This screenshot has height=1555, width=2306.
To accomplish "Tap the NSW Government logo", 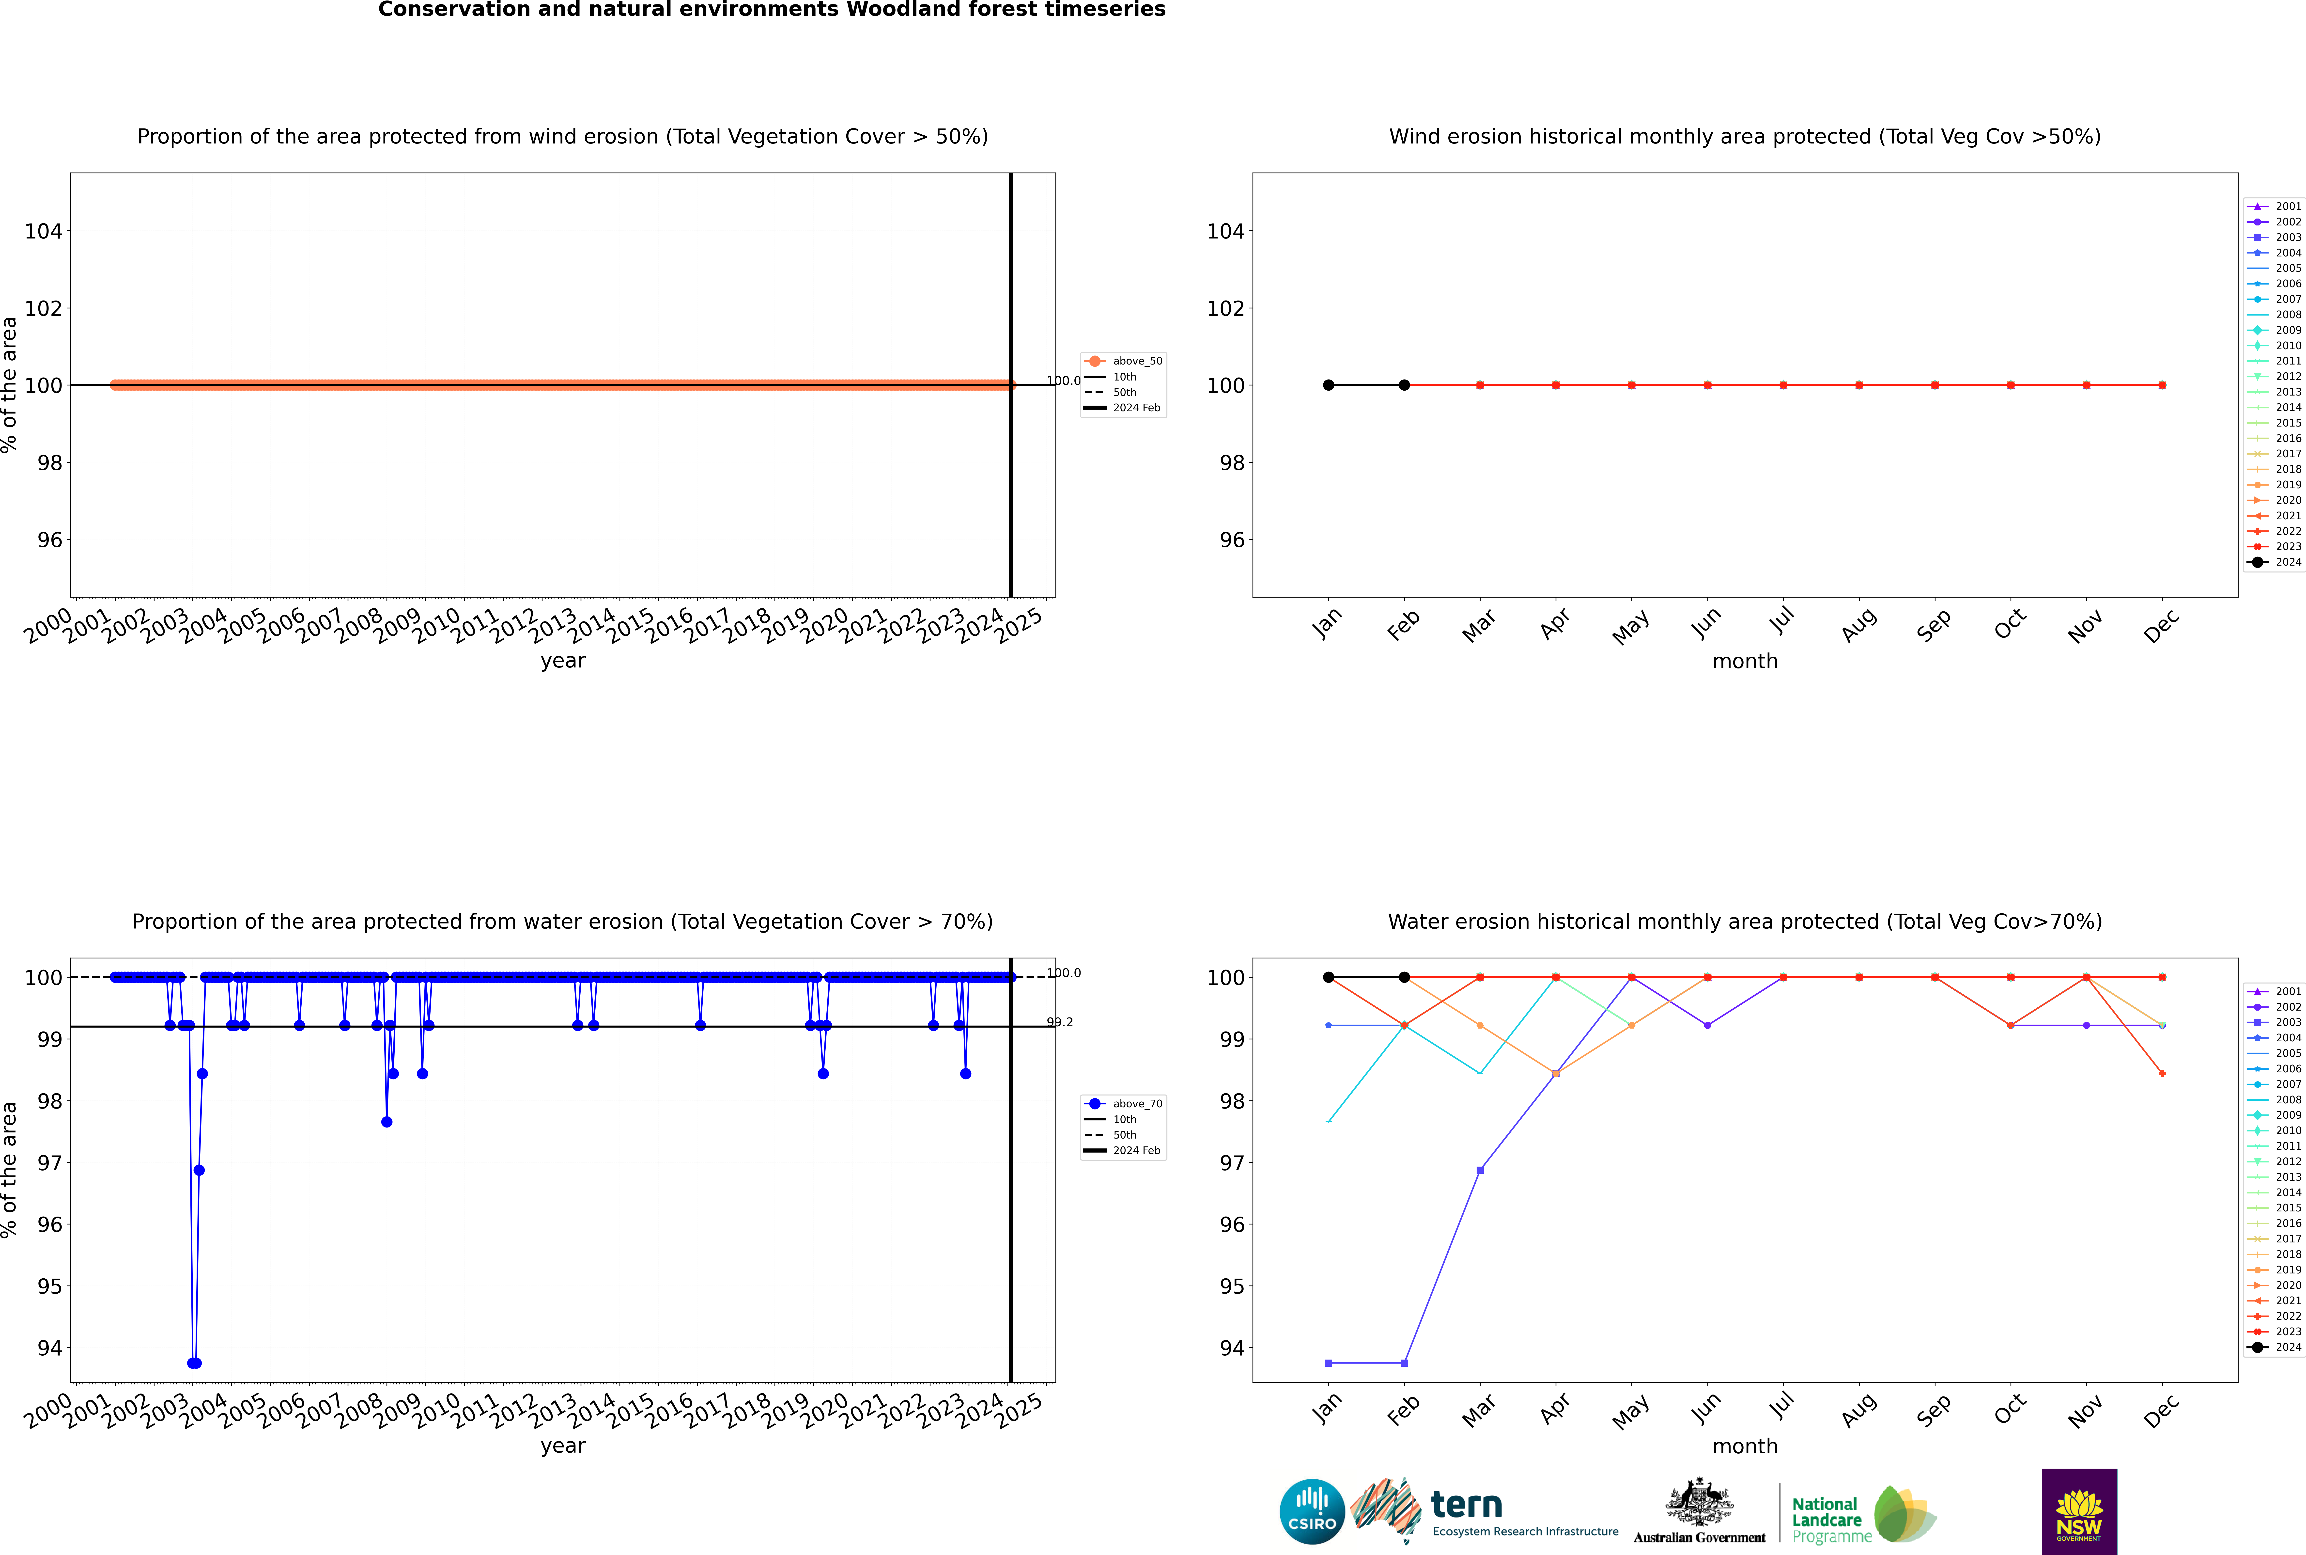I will click(x=2079, y=1510).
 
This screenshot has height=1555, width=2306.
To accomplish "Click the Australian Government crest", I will click(x=1699, y=1502).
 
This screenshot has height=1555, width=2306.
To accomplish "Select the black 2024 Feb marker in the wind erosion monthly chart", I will click(x=1404, y=385).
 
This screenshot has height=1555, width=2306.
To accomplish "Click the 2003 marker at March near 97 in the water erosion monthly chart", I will click(x=1480, y=1170).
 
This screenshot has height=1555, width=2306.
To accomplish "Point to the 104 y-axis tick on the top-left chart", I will click(x=43, y=231).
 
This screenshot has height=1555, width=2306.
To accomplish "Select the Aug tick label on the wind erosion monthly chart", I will click(x=1859, y=625).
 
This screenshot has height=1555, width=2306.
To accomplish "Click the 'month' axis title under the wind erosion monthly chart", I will click(x=1745, y=662).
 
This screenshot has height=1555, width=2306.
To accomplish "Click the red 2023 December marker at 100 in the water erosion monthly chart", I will click(x=2162, y=977).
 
